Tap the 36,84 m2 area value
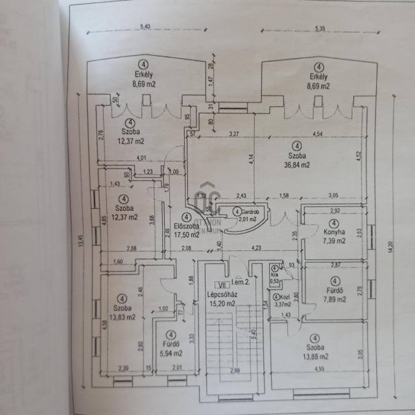[x=296, y=165]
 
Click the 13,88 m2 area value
[x=314, y=356]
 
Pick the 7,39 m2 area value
[x=335, y=241]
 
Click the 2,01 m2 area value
[x=246, y=219]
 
